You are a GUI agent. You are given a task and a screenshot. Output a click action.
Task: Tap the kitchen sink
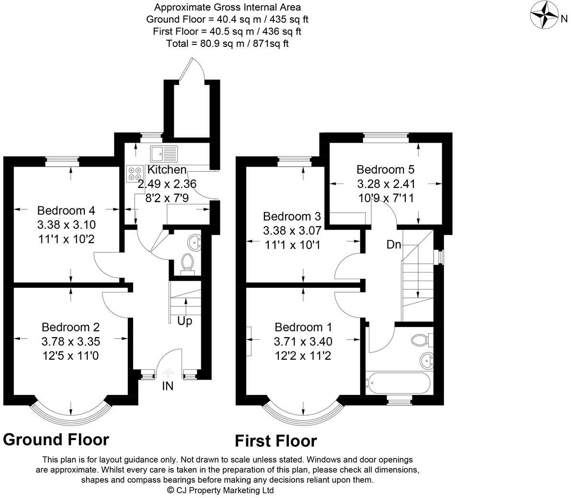164,154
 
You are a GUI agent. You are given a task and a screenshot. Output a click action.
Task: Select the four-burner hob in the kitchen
135,174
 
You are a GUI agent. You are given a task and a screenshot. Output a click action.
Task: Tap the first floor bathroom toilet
420,340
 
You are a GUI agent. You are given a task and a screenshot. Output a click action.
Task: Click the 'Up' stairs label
184,321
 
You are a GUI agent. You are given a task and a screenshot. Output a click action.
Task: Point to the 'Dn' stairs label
394,245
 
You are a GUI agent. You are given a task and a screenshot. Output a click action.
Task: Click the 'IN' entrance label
168,386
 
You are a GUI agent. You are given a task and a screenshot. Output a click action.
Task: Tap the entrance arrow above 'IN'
168,373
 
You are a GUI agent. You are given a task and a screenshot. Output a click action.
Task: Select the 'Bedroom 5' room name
385,170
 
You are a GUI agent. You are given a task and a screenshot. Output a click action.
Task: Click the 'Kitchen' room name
167,170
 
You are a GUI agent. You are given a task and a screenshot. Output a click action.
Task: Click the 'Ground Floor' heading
56,439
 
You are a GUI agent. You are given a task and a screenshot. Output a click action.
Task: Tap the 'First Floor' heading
275,441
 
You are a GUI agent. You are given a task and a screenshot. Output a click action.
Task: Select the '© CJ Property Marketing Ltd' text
220,490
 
